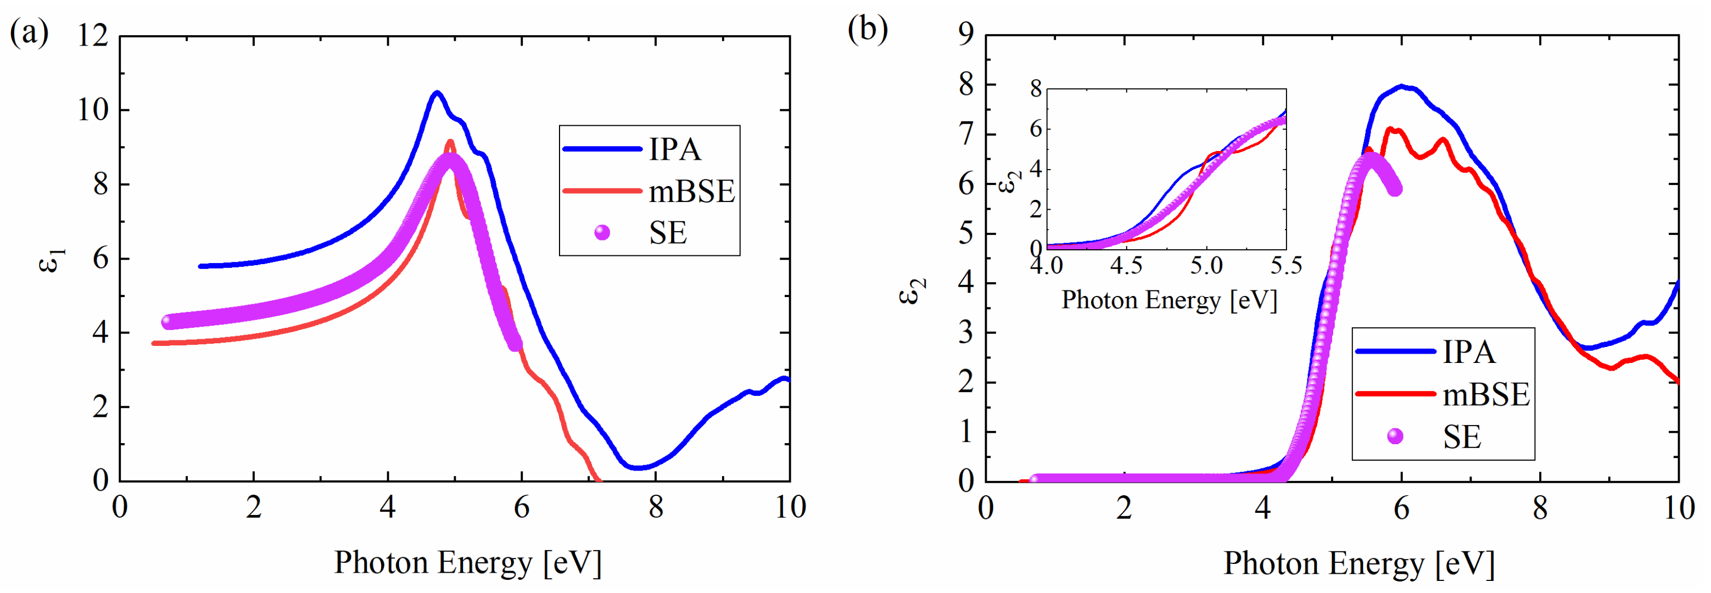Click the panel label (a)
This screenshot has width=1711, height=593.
29,31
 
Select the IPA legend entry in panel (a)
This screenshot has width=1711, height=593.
674,149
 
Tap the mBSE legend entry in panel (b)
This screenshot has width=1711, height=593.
1485,394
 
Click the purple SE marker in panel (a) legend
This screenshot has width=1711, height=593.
602,232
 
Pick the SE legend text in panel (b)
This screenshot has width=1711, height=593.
1461,437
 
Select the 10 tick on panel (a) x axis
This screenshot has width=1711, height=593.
790,508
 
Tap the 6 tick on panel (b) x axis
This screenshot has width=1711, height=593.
1401,508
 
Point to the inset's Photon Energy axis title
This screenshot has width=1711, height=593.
1169,300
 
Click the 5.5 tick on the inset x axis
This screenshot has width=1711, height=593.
1285,266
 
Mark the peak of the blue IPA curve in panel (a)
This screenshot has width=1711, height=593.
437,92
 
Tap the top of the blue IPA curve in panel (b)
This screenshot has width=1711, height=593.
1401,86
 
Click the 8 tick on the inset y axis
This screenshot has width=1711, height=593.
1036,88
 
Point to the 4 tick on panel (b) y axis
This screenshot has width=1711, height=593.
966,283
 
